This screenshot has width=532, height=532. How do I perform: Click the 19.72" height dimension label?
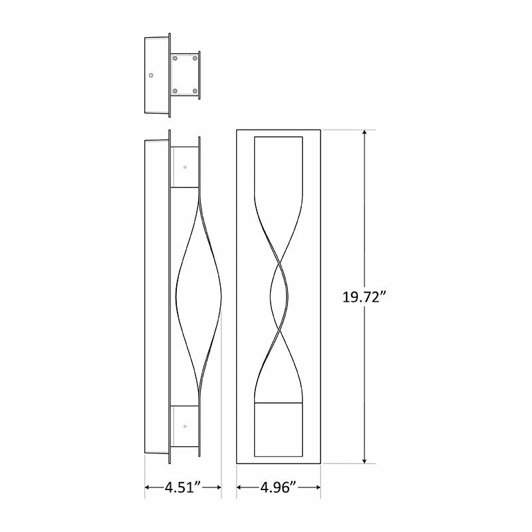pyautogui.click(x=364, y=297)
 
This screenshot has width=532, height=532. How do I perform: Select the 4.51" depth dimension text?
pyautogui.click(x=183, y=488)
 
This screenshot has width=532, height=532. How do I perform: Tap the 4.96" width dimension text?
pyautogui.click(x=279, y=488)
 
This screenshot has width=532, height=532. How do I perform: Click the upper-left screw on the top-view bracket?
pyautogui.click(x=176, y=59)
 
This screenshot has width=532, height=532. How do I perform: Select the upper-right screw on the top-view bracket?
pyautogui.click(x=195, y=59)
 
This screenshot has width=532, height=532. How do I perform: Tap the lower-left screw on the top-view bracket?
pyautogui.click(x=176, y=90)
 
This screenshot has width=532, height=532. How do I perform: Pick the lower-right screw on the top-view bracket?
pyautogui.click(x=195, y=90)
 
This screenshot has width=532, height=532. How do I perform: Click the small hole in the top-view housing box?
pyautogui.click(x=152, y=75)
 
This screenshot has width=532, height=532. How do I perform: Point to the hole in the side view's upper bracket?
pyautogui.click(x=185, y=167)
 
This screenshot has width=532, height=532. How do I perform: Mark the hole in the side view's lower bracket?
pyautogui.click(x=185, y=426)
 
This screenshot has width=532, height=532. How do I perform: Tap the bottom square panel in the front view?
pyautogui.click(x=279, y=430)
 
